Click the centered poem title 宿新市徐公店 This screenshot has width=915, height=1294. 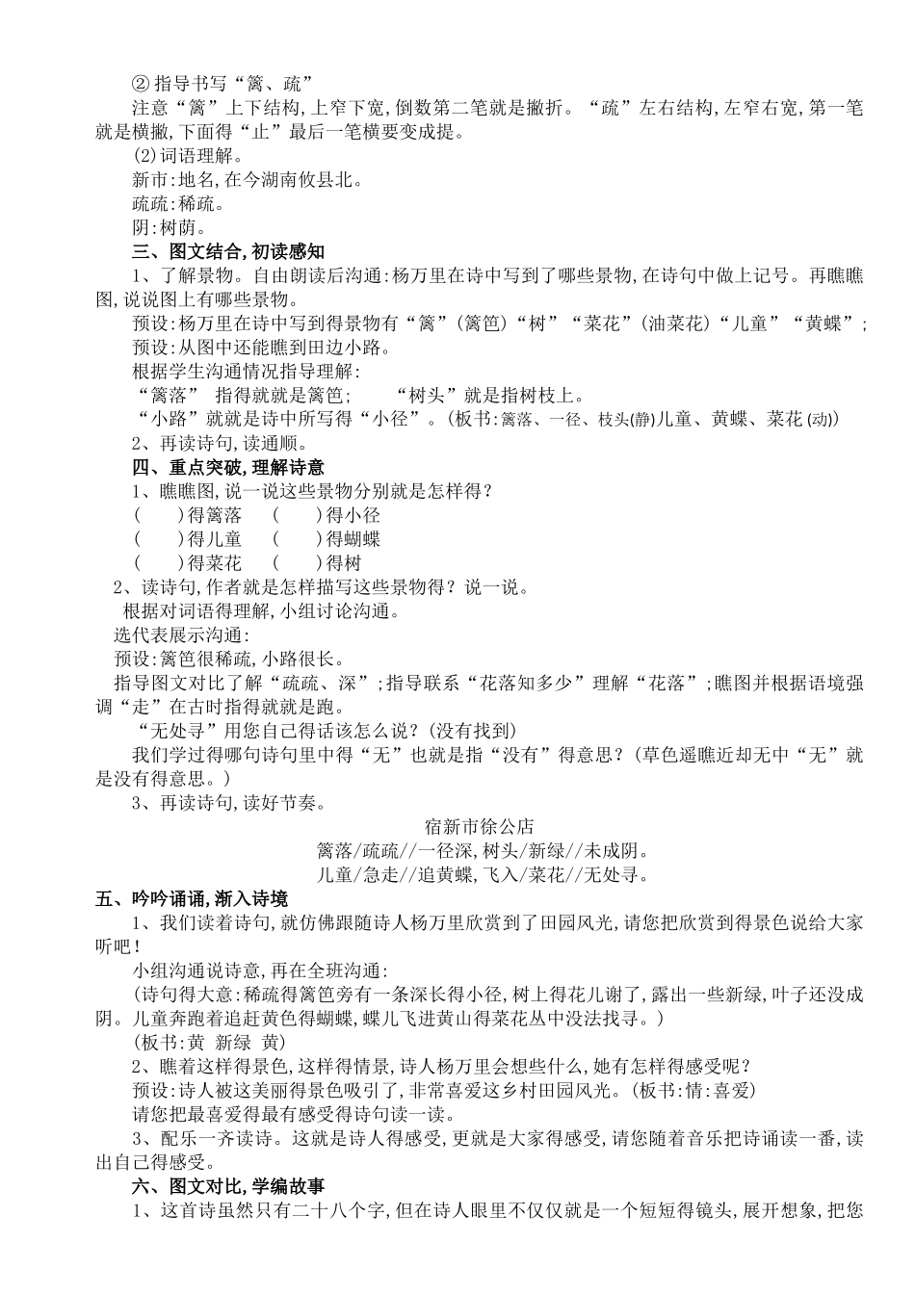479,826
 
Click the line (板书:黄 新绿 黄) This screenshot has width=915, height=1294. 207,1043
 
